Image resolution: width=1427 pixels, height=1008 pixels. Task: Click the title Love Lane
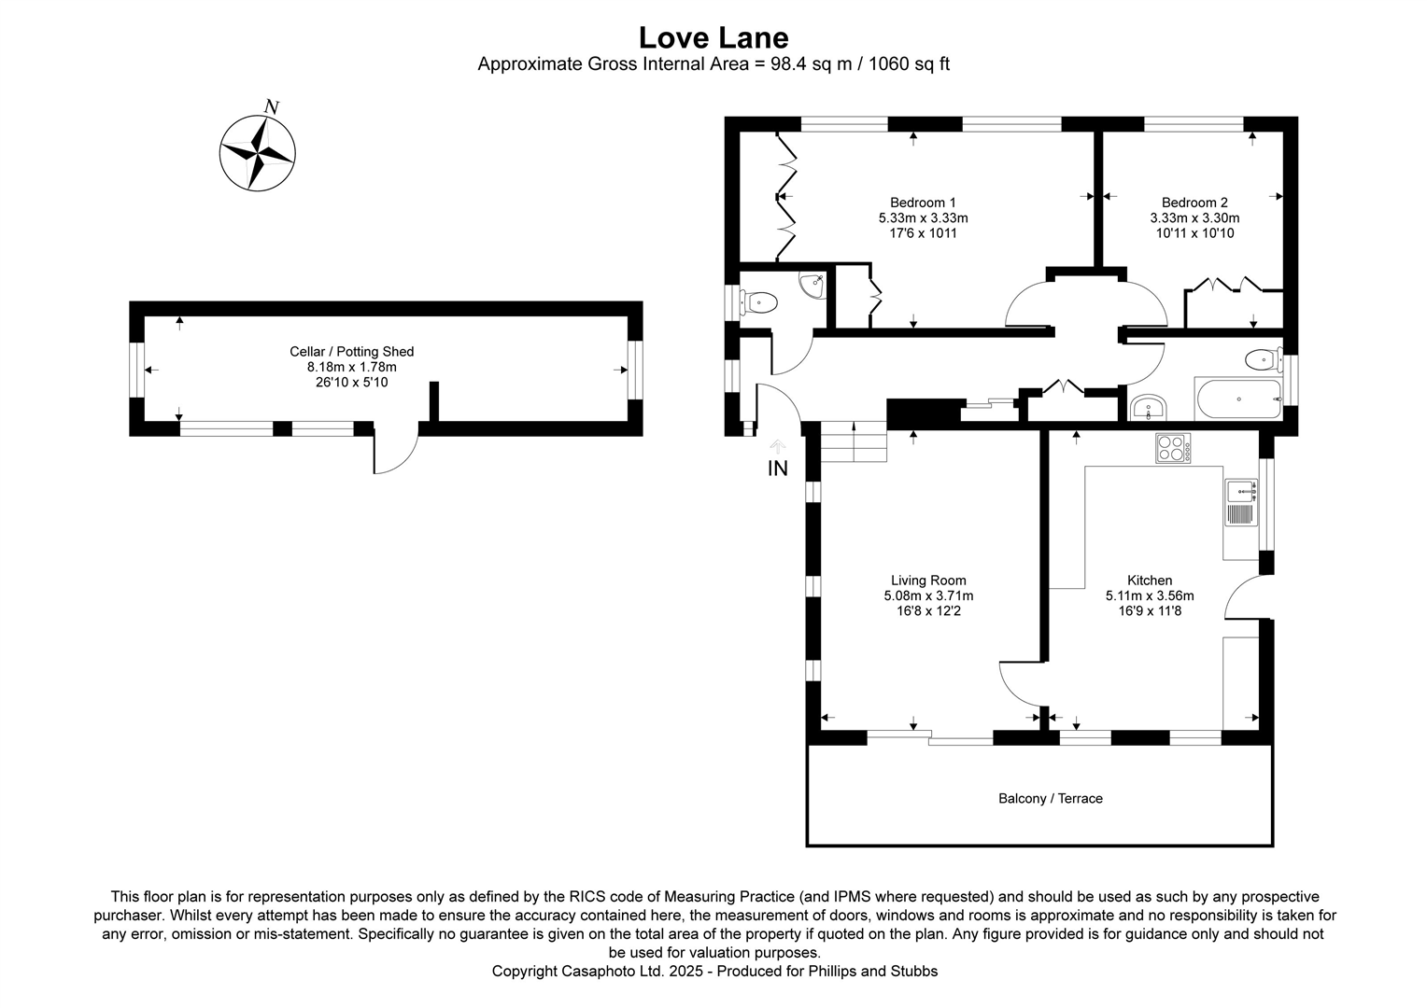[713, 37]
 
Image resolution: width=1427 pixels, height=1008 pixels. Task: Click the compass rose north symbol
[258, 151]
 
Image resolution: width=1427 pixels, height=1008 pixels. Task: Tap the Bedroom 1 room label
[923, 203]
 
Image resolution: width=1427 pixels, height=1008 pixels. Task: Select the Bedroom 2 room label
[1194, 203]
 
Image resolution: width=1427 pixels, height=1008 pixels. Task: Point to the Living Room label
[928, 581]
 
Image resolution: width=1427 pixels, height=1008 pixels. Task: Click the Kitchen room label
[1150, 581]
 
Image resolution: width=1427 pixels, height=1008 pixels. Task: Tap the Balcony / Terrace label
[1050, 799]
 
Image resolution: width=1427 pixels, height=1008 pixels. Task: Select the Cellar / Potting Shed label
[351, 352]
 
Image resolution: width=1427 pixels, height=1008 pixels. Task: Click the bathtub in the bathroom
[1238, 399]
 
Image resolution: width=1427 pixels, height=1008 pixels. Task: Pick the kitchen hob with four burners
[1173, 449]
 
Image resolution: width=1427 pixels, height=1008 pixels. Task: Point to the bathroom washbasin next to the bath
[1147, 408]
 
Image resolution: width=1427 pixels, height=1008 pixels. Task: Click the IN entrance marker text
[777, 469]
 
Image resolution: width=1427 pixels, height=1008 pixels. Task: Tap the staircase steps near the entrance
[853, 442]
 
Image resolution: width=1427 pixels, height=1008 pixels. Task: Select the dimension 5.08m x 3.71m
[928, 595]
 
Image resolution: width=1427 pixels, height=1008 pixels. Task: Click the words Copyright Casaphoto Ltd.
[578, 972]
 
